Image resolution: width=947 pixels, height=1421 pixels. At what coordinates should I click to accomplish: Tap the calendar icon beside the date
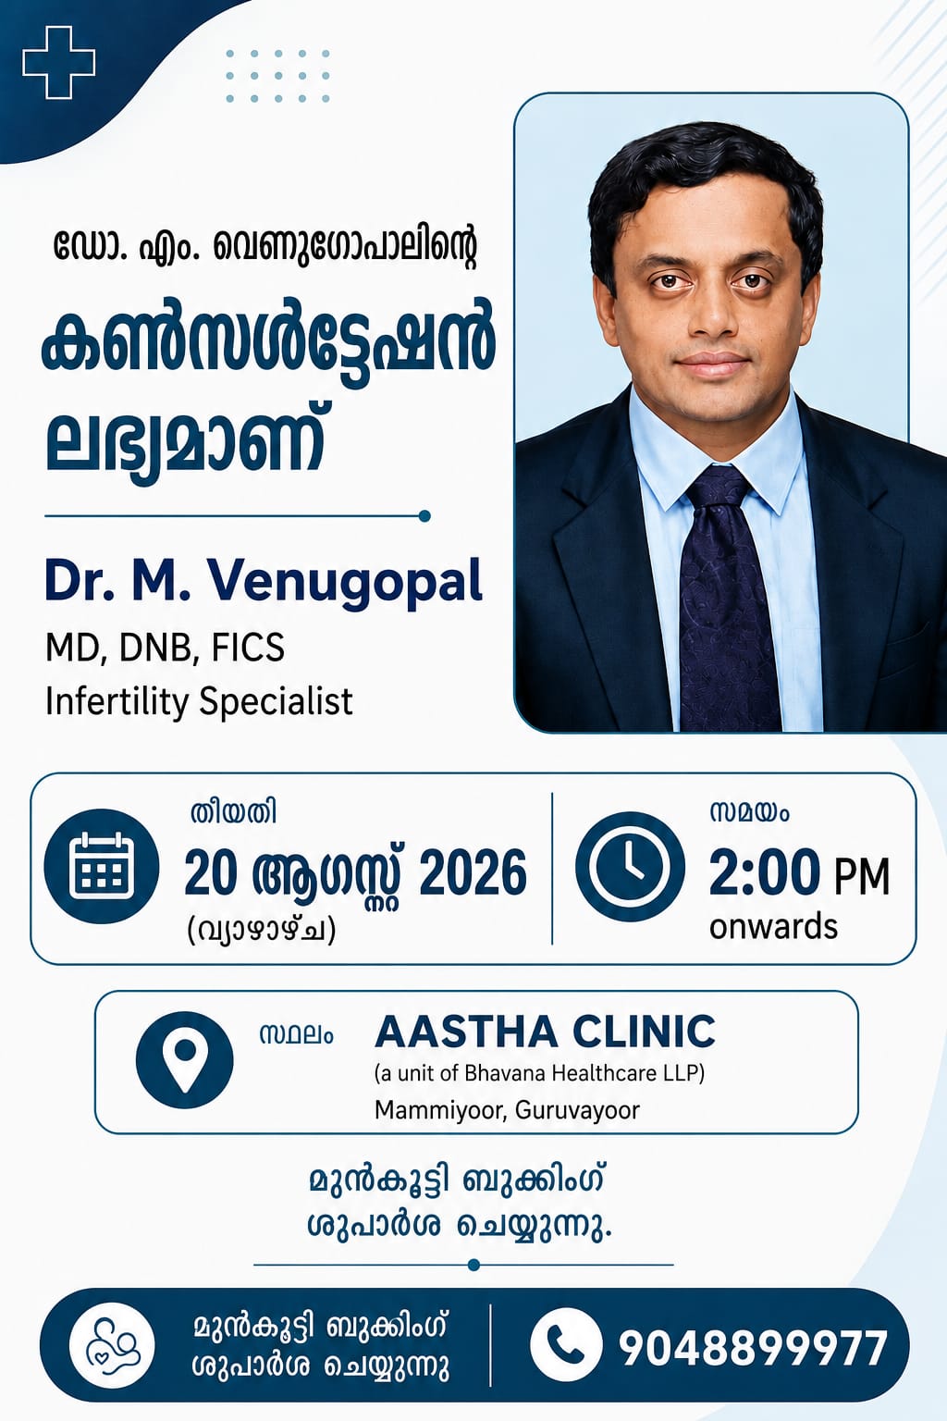102,867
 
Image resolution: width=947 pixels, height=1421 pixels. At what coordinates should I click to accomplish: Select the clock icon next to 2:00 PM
630,867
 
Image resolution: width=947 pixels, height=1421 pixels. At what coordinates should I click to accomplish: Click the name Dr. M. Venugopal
264,582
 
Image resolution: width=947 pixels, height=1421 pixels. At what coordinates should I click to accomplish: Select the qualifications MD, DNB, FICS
165,649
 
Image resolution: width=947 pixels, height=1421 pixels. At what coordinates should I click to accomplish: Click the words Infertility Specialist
199,701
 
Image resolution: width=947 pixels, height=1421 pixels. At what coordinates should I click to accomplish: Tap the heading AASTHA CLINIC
545,1032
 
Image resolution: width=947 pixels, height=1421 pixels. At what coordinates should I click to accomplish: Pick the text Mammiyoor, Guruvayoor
507,1110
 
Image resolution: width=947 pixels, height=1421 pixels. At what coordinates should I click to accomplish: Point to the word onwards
773,927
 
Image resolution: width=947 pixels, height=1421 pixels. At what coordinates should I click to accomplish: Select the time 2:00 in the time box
761,873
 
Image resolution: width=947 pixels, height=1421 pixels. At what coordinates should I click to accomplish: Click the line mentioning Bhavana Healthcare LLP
540,1073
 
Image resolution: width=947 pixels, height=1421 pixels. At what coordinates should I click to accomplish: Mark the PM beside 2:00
862,877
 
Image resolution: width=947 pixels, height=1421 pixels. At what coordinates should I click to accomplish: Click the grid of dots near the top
277,76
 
